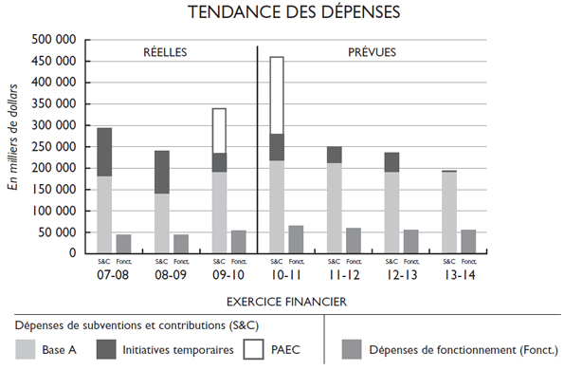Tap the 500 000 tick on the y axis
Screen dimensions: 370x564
coord(55,40)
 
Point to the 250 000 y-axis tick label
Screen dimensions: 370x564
coord(55,146)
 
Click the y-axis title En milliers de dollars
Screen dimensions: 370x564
coord(13,147)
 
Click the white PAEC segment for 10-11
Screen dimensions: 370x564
coord(277,95)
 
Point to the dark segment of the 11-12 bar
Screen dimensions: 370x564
coord(335,155)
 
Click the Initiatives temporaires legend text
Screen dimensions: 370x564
coord(178,349)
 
